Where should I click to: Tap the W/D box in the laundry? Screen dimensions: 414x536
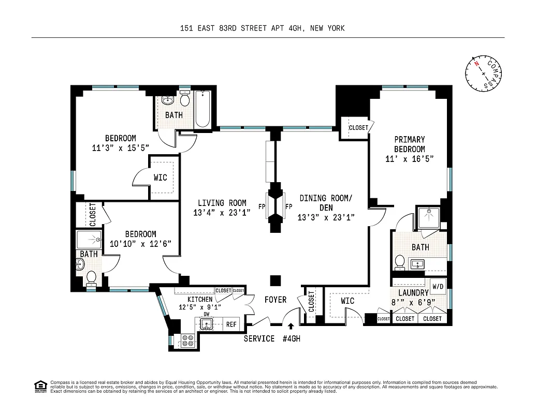click(x=438, y=286)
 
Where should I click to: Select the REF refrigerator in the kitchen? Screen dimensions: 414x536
click(x=231, y=325)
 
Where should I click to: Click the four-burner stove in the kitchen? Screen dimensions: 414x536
click(x=187, y=340)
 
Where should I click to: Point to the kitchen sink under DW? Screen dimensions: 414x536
click(x=207, y=324)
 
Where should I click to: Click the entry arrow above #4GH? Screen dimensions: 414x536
click(x=291, y=327)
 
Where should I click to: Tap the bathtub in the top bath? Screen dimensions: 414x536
click(x=202, y=110)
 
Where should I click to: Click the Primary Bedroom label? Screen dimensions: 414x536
click(x=409, y=144)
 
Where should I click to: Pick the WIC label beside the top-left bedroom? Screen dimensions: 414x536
click(x=161, y=178)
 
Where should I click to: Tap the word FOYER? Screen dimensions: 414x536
click(x=275, y=300)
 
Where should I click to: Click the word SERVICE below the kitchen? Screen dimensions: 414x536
click(x=259, y=338)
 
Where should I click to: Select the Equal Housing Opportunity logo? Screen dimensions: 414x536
click(x=39, y=385)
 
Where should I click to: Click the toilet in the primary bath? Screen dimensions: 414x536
click(x=399, y=262)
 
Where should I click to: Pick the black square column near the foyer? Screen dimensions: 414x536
click(x=276, y=280)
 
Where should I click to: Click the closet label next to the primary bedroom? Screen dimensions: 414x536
click(x=358, y=127)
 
